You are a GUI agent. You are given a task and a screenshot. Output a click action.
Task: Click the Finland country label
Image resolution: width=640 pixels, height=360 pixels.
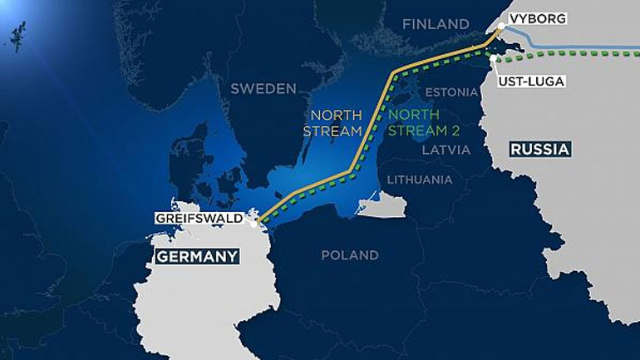point(436,24)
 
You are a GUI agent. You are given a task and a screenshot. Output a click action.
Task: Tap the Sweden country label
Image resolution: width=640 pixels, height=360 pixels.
point(263,88)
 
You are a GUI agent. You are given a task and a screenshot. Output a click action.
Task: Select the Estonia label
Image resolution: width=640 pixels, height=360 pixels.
point(452,91)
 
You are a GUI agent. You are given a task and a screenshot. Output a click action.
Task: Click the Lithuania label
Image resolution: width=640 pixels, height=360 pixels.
point(420,179)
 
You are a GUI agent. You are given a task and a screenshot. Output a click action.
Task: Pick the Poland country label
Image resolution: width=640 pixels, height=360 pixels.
point(350,255)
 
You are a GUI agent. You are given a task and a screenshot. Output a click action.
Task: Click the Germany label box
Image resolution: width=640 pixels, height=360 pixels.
point(195,256)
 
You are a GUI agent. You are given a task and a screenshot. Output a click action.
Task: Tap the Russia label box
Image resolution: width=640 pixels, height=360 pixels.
point(540,150)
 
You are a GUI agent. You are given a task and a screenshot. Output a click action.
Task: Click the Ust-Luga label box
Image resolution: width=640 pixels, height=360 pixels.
point(531,81)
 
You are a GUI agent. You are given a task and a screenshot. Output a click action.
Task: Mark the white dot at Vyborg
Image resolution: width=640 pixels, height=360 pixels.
point(502,30)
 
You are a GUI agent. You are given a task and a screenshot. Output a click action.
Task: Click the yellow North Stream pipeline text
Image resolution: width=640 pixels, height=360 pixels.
point(337,123)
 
